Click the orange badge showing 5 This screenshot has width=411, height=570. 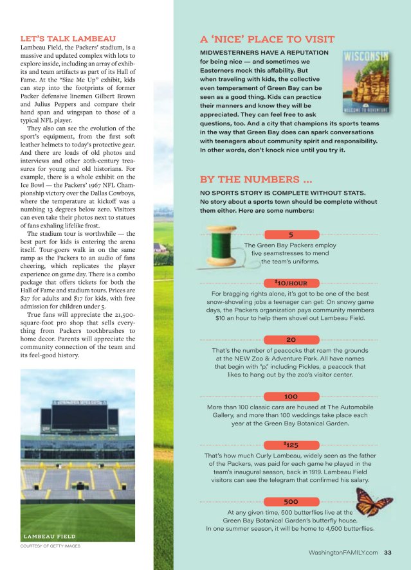[x=291, y=235]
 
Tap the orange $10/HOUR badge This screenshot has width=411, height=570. [x=291, y=283]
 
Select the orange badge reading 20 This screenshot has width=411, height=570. [x=291, y=339]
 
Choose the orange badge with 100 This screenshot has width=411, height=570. [x=291, y=396]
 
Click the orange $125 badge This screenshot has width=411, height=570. [x=291, y=445]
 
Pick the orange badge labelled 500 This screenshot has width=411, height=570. [x=291, y=501]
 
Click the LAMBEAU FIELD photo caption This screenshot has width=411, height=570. [x=50, y=536]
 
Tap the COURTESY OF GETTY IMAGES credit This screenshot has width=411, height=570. [x=50, y=547]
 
